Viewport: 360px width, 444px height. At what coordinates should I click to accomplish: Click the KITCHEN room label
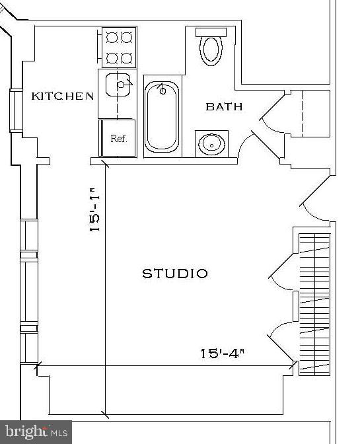[x=63, y=96]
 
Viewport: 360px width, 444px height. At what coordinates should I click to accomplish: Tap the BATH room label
[x=224, y=106]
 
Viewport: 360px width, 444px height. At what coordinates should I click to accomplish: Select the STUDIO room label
[x=175, y=274]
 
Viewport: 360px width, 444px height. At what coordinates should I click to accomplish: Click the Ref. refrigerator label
[x=118, y=139]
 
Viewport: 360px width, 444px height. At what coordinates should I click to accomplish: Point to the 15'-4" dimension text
[x=223, y=353]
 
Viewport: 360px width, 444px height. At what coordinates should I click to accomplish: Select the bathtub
[x=161, y=116]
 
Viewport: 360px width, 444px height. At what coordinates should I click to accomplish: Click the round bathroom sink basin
[x=211, y=143]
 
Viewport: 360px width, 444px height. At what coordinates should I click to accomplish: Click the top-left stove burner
[x=110, y=37]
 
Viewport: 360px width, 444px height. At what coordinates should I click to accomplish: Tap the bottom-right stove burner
[x=127, y=57]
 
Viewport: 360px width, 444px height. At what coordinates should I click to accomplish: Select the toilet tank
[x=211, y=32]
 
